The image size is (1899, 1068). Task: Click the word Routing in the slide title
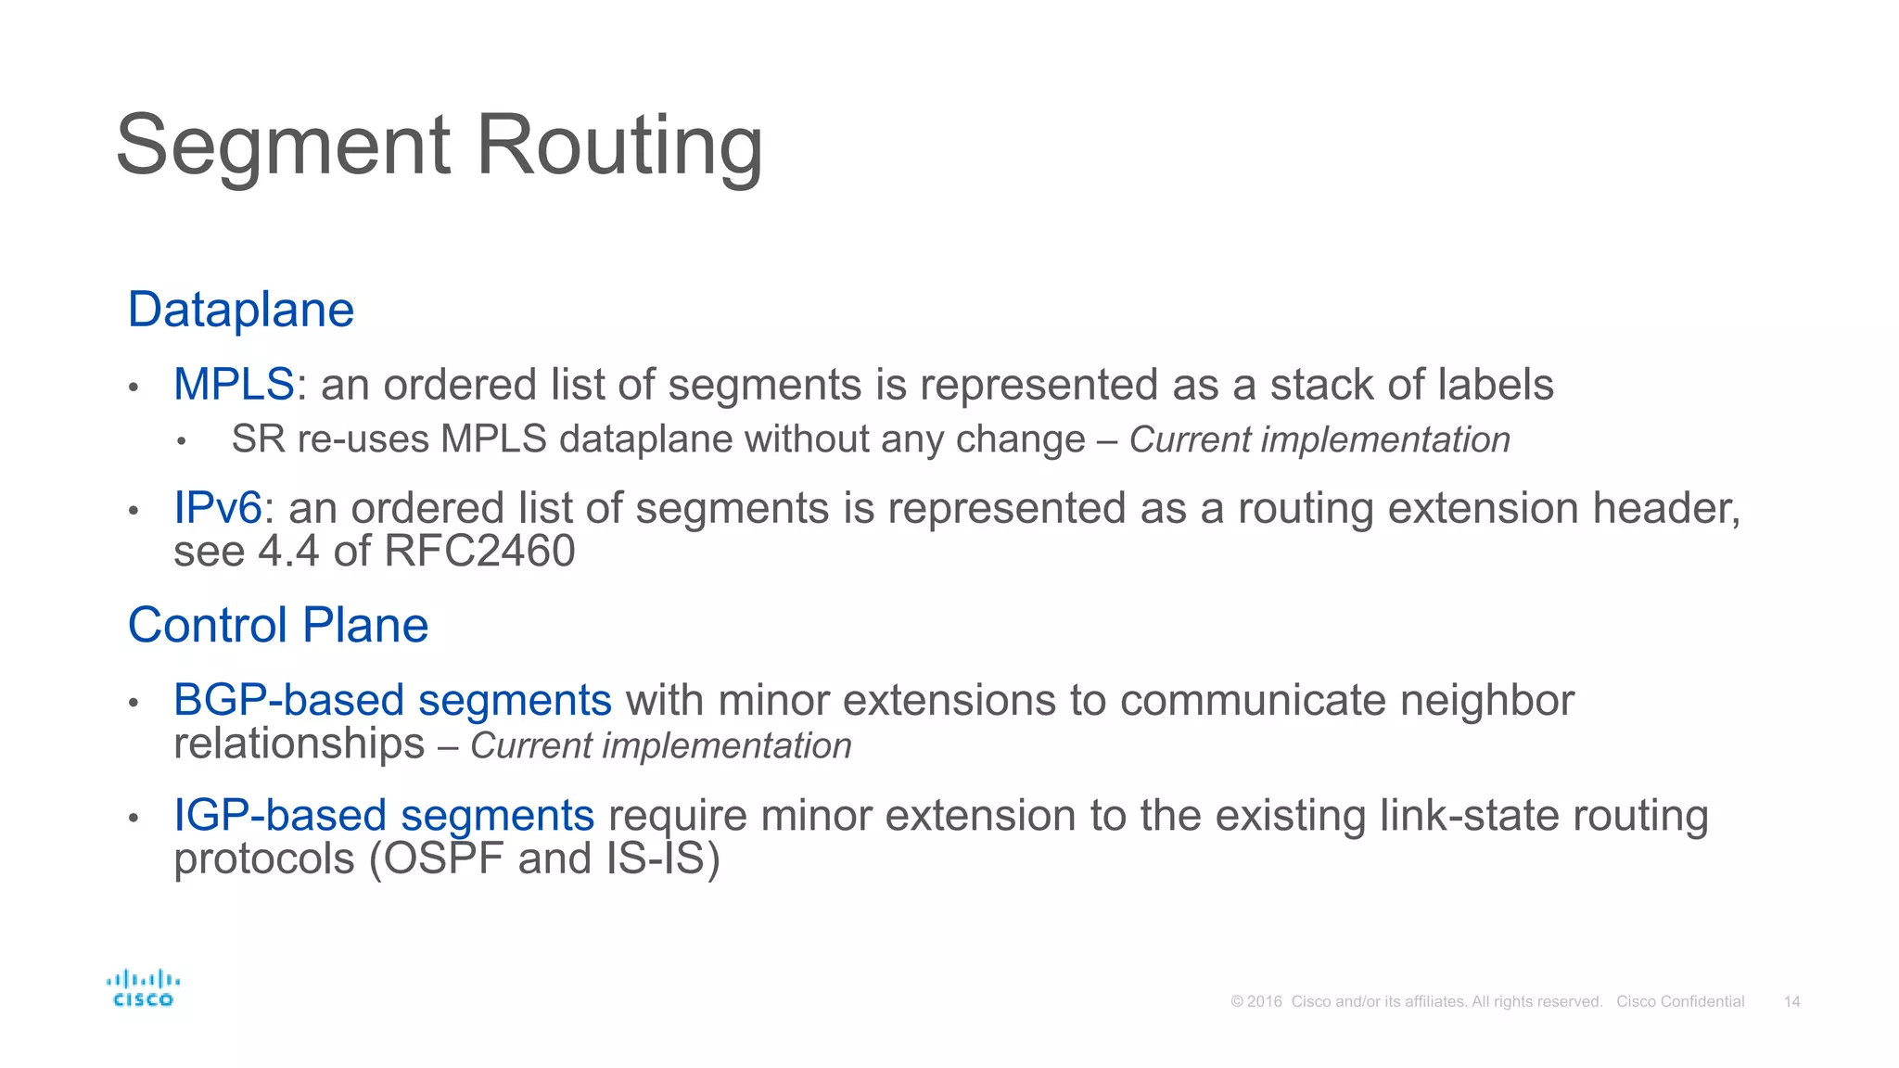(618, 146)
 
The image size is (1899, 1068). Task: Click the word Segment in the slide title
(284, 146)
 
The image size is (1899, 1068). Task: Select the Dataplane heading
(241, 310)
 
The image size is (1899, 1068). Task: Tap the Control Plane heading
(278, 625)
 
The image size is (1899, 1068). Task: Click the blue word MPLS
(234, 385)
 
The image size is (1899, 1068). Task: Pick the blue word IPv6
(218, 508)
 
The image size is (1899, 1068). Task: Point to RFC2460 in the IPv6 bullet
(479, 552)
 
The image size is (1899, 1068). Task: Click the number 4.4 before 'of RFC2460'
(288, 552)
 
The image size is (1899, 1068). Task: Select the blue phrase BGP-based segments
(392, 700)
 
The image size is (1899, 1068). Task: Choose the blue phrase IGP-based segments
(384, 816)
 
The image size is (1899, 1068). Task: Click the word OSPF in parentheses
(443, 858)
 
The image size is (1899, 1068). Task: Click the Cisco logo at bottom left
(143, 988)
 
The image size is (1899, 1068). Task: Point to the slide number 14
(1791, 1002)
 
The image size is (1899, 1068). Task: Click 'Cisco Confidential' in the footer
(1680, 1002)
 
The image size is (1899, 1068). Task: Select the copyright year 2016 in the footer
(1265, 1002)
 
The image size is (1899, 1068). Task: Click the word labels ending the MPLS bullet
(1496, 385)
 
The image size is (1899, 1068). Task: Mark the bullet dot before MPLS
(134, 388)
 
